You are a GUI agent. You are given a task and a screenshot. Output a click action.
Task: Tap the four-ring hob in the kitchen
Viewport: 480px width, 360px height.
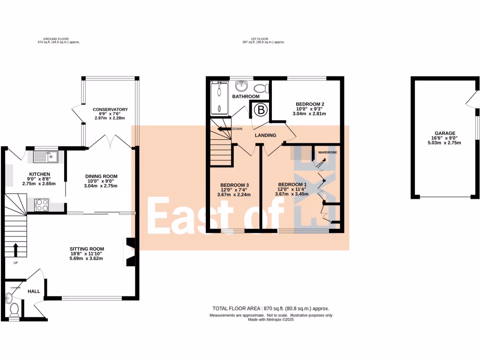tap(41, 205)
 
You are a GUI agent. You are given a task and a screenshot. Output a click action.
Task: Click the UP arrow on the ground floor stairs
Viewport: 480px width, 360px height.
tap(15, 249)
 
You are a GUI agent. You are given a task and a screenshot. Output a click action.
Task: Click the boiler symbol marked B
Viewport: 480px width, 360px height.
tap(260, 110)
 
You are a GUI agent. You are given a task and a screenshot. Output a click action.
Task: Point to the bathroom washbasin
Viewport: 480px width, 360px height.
tap(242, 86)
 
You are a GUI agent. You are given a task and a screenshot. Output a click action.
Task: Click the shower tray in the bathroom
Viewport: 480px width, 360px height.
tap(218, 97)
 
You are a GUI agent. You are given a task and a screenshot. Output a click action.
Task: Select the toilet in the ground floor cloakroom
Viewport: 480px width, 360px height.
tap(14, 309)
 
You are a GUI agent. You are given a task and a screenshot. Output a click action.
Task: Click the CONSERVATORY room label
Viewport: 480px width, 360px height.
tap(110, 110)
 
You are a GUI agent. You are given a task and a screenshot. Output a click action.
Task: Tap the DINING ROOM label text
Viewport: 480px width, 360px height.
tap(101, 176)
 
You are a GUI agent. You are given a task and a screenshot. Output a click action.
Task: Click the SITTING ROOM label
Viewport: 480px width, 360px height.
tap(87, 249)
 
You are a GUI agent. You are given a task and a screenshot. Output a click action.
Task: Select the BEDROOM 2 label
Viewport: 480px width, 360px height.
tap(310, 104)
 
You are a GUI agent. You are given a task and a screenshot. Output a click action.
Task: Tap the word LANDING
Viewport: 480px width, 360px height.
tap(265, 135)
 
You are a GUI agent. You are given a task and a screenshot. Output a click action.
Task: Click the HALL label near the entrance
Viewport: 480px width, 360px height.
tap(34, 292)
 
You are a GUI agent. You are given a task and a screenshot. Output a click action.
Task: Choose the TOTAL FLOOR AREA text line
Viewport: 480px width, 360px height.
tap(270, 308)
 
